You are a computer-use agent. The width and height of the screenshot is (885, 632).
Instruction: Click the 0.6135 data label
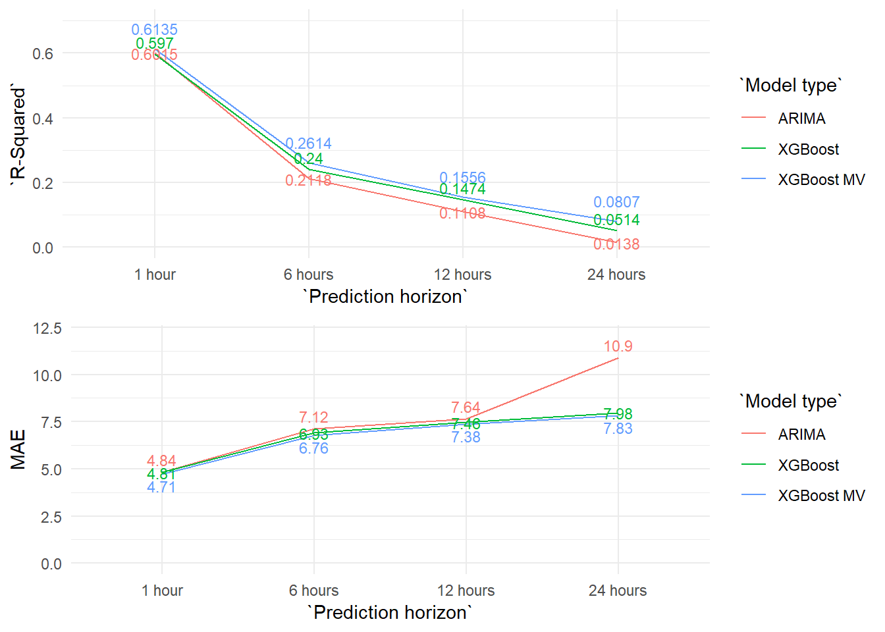(x=154, y=30)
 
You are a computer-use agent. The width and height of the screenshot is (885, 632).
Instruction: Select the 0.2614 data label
(x=308, y=144)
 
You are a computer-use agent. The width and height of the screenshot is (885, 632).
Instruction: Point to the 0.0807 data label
(x=616, y=202)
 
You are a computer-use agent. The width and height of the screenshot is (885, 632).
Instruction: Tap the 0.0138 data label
(x=616, y=244)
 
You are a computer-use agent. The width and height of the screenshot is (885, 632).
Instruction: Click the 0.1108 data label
(x=462, y=213)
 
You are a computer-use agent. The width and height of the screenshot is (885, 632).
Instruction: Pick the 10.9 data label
(x=618, y=346)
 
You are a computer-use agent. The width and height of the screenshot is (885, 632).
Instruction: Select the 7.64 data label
(x=466, y=408)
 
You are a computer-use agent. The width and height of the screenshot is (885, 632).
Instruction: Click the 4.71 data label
(x=161, y=487)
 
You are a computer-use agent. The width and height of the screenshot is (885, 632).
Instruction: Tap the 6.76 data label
(x=313, y=448)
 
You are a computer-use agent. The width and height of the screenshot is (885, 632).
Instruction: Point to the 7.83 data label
(x=618, y=429)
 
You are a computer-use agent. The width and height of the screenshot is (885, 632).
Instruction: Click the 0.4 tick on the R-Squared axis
(x=43, y=118)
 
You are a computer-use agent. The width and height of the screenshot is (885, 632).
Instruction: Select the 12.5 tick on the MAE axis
(x=47, y=328)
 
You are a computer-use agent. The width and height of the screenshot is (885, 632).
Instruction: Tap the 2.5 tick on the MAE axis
(x=51, y=517)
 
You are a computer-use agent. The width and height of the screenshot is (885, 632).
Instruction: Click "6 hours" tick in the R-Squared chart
(x=308, y=275)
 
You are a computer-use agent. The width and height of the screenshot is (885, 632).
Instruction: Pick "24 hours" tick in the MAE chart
(x=618, y=591)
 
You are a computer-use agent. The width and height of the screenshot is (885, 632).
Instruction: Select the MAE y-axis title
(x=18, y=449)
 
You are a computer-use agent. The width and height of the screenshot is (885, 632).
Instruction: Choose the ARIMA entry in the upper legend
(x=801, y=118)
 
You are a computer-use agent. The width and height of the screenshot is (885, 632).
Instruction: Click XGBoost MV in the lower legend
(x=821, y=496)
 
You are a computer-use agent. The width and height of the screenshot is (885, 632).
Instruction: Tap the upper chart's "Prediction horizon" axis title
(x=385, y=296)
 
